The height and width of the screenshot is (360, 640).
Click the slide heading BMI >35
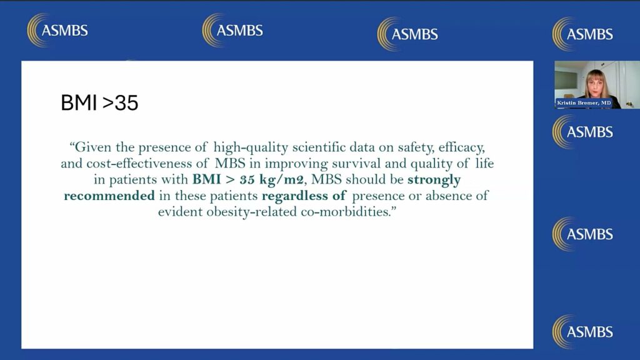99,103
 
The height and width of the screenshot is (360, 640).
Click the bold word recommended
109,196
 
